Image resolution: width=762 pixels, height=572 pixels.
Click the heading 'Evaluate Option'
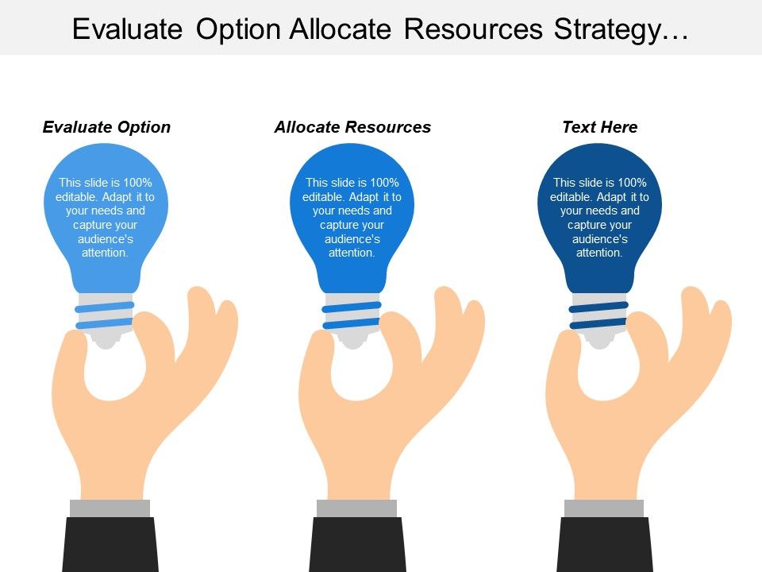[x=106, y=127]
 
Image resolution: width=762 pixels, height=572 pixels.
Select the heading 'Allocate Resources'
[x=352, y=127]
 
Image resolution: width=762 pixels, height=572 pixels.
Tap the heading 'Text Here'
[x=599, y=127]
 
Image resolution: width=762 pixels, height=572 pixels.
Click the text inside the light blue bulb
[x=105, y=217]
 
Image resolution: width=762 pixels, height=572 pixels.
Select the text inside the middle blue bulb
[x=352, y=217]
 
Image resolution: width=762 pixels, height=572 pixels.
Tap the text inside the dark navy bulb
[x=599, y=217]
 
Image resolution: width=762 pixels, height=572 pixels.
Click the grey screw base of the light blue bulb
[x=105, y=316]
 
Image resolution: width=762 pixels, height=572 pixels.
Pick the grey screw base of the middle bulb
[x=352, y=316]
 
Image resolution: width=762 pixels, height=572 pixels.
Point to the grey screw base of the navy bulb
[x=599, y=316]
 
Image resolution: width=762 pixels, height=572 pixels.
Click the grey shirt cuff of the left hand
[x=110, y=508]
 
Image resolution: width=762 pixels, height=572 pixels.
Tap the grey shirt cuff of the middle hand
[x=356, y=508]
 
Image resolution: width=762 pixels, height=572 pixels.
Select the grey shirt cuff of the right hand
[x=604, y=508]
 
